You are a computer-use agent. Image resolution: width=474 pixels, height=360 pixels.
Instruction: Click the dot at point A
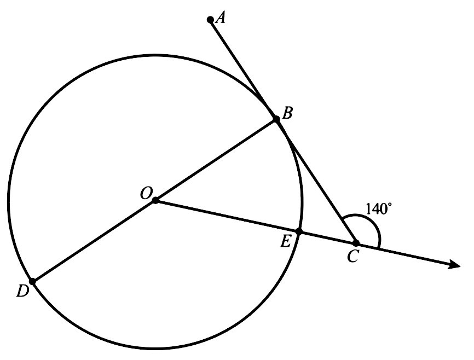pos(210,20)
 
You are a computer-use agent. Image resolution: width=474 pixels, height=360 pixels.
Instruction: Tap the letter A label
pos(221,18)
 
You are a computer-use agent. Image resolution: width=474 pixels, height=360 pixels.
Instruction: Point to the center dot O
pos(155,201)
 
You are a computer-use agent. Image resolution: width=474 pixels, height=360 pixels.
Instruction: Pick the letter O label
pos(146,192)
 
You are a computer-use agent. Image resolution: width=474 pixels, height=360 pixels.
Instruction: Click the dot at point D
pos(32,281)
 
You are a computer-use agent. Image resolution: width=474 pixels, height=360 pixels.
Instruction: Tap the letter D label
pos(22,291)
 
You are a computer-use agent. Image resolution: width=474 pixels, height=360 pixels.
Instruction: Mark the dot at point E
pos(299,232)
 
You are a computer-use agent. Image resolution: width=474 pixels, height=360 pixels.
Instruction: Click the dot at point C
pos(356,243)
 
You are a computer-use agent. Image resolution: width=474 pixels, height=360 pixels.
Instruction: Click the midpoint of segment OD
pos(94,241)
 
